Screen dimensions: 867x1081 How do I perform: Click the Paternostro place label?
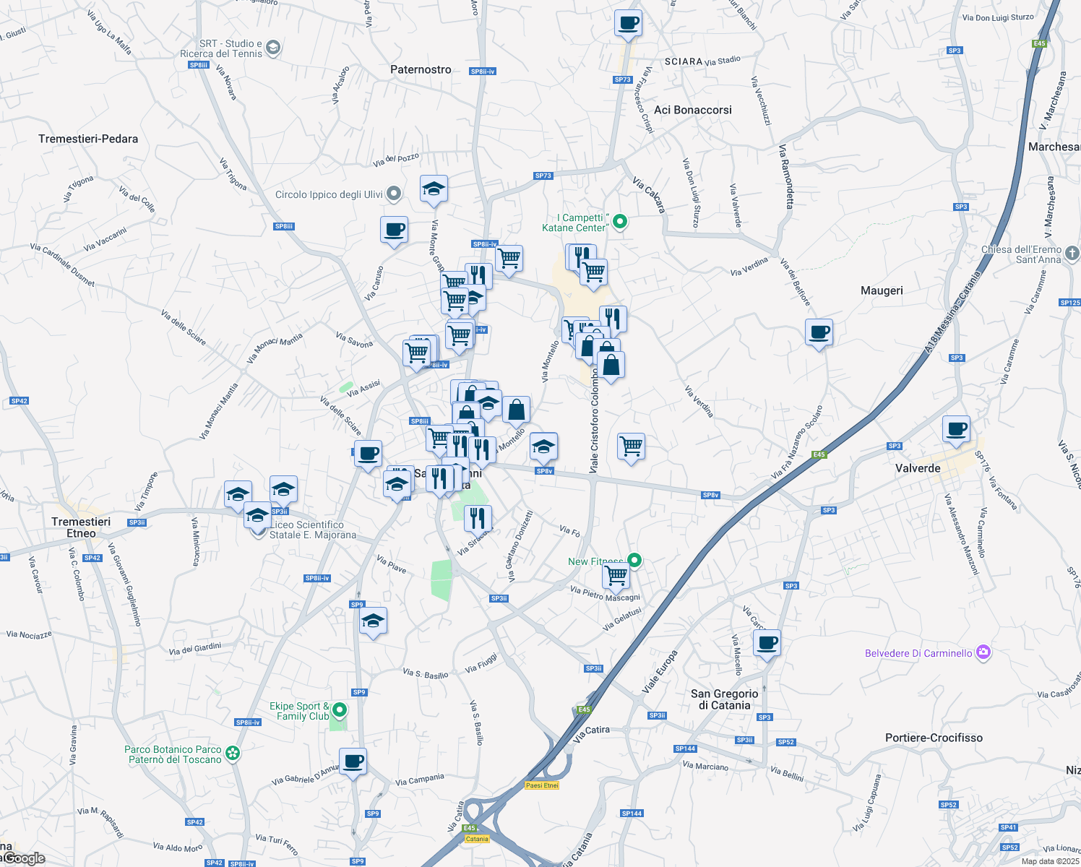421,69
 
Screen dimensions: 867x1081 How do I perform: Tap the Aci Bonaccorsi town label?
692,110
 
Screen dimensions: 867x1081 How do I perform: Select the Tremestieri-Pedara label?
88,139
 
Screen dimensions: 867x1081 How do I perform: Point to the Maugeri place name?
882,290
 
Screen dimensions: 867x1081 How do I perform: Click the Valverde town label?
918,468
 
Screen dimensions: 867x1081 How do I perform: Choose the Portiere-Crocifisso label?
934,738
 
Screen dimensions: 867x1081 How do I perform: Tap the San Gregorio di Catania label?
725,699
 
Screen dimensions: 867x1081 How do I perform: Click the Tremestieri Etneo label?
81,527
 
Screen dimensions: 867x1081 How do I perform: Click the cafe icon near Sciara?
628,22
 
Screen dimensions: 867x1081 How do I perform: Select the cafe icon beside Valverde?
956,428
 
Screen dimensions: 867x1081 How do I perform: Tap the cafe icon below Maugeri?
819,332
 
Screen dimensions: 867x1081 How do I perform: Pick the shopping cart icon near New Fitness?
616,576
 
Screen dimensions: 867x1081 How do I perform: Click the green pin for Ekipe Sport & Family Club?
340,711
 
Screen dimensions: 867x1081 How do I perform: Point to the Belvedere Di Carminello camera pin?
983,652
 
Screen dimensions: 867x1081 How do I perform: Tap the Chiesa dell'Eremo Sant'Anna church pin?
1072,254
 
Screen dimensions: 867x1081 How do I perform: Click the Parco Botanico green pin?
233,754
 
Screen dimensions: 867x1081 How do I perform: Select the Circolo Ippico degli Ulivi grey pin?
394,194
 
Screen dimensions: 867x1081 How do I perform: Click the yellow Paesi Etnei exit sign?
542,785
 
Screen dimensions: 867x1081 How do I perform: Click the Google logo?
25,858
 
